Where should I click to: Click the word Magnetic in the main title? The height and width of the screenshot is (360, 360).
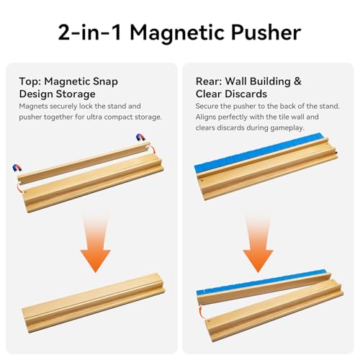pyautogui.click(x=178, y=32)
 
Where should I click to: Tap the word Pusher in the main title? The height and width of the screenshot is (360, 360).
pyautogui.click(x=266, y=32)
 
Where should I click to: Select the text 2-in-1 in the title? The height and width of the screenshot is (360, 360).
pyautogui.click(x=90, y=32)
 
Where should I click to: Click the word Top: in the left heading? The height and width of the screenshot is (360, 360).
pyautogui.click(x=30, y=81)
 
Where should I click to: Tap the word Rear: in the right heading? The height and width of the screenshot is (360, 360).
pyautogui.click(x=209, y=81)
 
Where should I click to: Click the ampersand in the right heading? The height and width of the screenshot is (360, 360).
pyautogui.click(x=297, y=81)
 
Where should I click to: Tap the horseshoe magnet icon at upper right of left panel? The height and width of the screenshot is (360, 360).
pyautogui.click(x=140, y=138)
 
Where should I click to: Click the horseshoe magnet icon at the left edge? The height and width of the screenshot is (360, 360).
pyautogui.click(x=17, y=168)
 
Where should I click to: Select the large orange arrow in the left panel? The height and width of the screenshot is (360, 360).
pyautogui.click(x=96, y=243)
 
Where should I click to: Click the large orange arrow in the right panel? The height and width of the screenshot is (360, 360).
pyautogui.click(x=258, y=243)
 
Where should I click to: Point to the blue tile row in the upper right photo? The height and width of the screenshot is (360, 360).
pyautogui.click(x=261, y=153)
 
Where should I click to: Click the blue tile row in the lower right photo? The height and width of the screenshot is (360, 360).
pyautogui.click(x=261, y=281)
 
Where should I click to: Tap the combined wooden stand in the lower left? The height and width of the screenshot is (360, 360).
pyautogui.click(x=94, y=302)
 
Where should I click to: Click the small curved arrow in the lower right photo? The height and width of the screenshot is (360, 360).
pyautogui.click(x=202, y=312)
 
